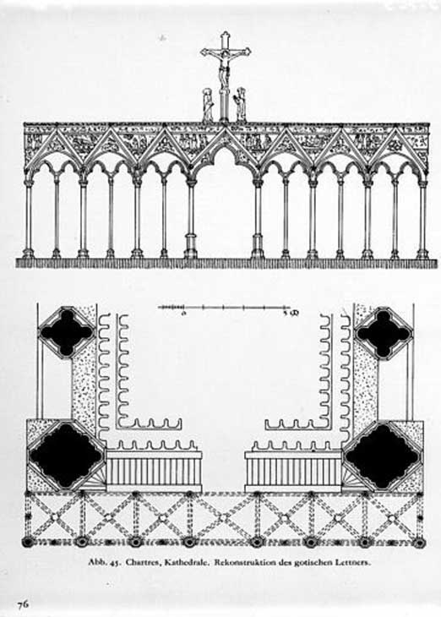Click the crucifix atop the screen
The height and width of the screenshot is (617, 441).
(225, 74)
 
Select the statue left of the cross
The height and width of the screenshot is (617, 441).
(207, 105)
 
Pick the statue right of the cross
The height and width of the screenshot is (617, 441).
(241, 104)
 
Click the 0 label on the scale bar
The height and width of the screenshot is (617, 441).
(183, 314)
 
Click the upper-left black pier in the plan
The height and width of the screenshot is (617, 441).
(67, 331)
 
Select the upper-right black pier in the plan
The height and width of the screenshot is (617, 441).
(384, 332)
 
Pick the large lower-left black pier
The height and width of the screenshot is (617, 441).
(66, 456)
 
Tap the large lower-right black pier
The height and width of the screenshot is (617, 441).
(384, 456)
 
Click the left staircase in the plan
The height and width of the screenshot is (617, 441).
(155, 472)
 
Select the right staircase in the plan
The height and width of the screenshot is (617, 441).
(292, 472)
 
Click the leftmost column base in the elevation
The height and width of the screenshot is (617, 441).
(28, 253)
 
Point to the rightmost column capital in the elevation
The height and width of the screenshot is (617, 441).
(422, 183)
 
